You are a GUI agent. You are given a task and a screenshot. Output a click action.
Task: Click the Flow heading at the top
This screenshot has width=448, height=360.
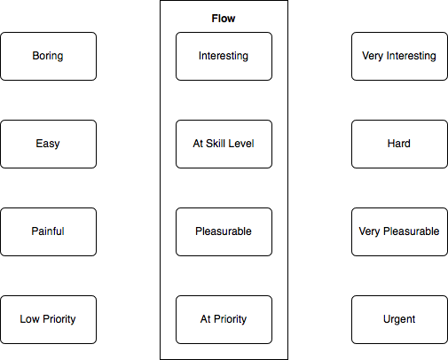[224, 19]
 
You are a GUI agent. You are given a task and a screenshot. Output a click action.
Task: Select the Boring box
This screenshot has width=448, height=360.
[49, 56]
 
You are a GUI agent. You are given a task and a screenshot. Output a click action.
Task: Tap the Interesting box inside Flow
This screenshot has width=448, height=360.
[224, 56]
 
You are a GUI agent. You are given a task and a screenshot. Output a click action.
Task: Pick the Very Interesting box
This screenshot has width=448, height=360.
[399, 56]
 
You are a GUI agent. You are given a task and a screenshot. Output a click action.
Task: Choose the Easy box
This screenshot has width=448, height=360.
[49, 144]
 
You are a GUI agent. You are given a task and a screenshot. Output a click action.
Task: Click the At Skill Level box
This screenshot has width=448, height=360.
[224, 144]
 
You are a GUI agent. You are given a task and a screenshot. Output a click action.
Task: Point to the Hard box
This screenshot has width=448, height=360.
[399, 144]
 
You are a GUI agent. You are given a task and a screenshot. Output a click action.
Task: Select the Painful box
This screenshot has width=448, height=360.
[49, 231]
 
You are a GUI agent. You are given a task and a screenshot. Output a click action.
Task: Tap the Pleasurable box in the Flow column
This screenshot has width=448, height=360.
[224, 231]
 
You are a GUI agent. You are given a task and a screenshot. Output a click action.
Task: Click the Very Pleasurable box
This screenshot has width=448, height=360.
[399, 231]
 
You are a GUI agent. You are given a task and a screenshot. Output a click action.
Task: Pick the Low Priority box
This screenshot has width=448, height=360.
[49, 319]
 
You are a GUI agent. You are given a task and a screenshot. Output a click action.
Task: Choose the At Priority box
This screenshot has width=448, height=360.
[224, 319]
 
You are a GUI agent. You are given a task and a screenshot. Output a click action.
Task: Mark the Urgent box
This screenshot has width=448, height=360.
[399, 319]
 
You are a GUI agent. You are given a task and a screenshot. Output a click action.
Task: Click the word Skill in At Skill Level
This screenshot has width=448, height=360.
[214, 144]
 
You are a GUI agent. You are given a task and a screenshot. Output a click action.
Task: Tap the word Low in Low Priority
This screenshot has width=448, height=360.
[29, 319]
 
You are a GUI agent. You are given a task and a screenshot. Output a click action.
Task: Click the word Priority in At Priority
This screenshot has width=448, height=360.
[230, 319]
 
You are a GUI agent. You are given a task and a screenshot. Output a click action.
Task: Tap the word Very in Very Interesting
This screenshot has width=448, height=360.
[373, 56]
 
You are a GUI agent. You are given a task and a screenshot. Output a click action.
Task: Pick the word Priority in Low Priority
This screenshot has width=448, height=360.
[59, 319]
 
